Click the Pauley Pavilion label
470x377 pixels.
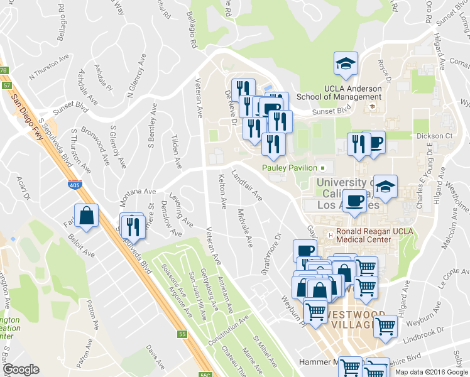(x=290, y=168)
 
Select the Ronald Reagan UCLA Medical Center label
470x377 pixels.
(x=374, y=235)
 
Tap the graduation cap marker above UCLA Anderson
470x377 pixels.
(x=345, y=64)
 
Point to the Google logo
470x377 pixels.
(x=21, y=369)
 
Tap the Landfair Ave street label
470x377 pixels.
(x=247, y=185)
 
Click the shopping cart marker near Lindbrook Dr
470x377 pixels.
(x=385, y=326)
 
